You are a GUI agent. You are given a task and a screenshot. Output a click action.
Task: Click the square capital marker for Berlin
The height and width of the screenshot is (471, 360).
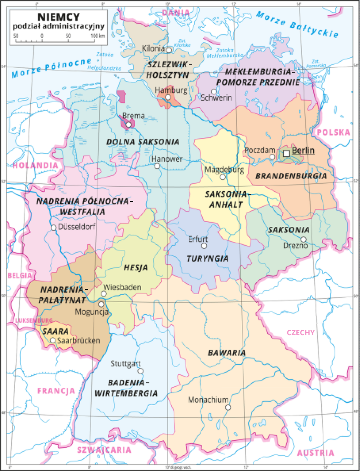click(x=286, y=153)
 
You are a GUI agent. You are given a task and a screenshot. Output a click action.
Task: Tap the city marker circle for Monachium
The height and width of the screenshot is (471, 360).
click(x=228, y=407)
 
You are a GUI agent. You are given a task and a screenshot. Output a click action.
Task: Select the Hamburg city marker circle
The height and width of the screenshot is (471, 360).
click(x=168, y=97)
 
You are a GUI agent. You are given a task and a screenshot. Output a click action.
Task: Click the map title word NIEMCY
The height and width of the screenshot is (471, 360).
click(x=59, y=17)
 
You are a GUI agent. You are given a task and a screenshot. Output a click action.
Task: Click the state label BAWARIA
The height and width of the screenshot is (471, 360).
click(x=227, y=353)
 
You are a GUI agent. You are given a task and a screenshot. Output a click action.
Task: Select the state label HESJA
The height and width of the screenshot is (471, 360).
click(x=136, y=268)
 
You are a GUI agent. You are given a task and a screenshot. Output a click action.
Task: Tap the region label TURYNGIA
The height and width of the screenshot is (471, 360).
click(x=208, y=258)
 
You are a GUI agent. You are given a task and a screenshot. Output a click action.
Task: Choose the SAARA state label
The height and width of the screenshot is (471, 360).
click(x=56, y=331)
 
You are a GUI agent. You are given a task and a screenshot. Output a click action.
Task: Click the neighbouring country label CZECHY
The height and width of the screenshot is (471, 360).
click(x=301, y=333)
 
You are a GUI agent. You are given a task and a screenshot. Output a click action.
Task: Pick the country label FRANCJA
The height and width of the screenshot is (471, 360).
click(x=56, y=391)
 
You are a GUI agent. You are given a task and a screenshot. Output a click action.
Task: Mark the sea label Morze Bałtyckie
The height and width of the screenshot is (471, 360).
click(x=297, y=25)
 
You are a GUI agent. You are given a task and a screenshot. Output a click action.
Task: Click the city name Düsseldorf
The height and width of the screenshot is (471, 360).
click(x=77, y=227)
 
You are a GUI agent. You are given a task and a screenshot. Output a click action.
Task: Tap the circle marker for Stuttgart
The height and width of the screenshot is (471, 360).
click(x=140, y=371)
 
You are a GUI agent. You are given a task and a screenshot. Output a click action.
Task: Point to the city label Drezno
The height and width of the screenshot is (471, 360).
click(x=295, y=246)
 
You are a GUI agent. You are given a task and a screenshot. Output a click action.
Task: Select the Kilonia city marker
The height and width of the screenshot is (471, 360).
click(x=169, y=50)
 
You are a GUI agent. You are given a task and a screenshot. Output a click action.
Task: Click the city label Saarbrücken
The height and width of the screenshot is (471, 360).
click(x=79, y=341)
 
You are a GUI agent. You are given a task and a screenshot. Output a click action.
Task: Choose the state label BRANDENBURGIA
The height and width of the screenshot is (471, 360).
click(x=291, y=176)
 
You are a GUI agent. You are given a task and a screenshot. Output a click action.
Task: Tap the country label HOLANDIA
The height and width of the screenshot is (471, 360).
click(x=35, y=165)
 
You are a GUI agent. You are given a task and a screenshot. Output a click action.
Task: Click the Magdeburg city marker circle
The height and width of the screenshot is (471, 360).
click(x=223, y=177)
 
